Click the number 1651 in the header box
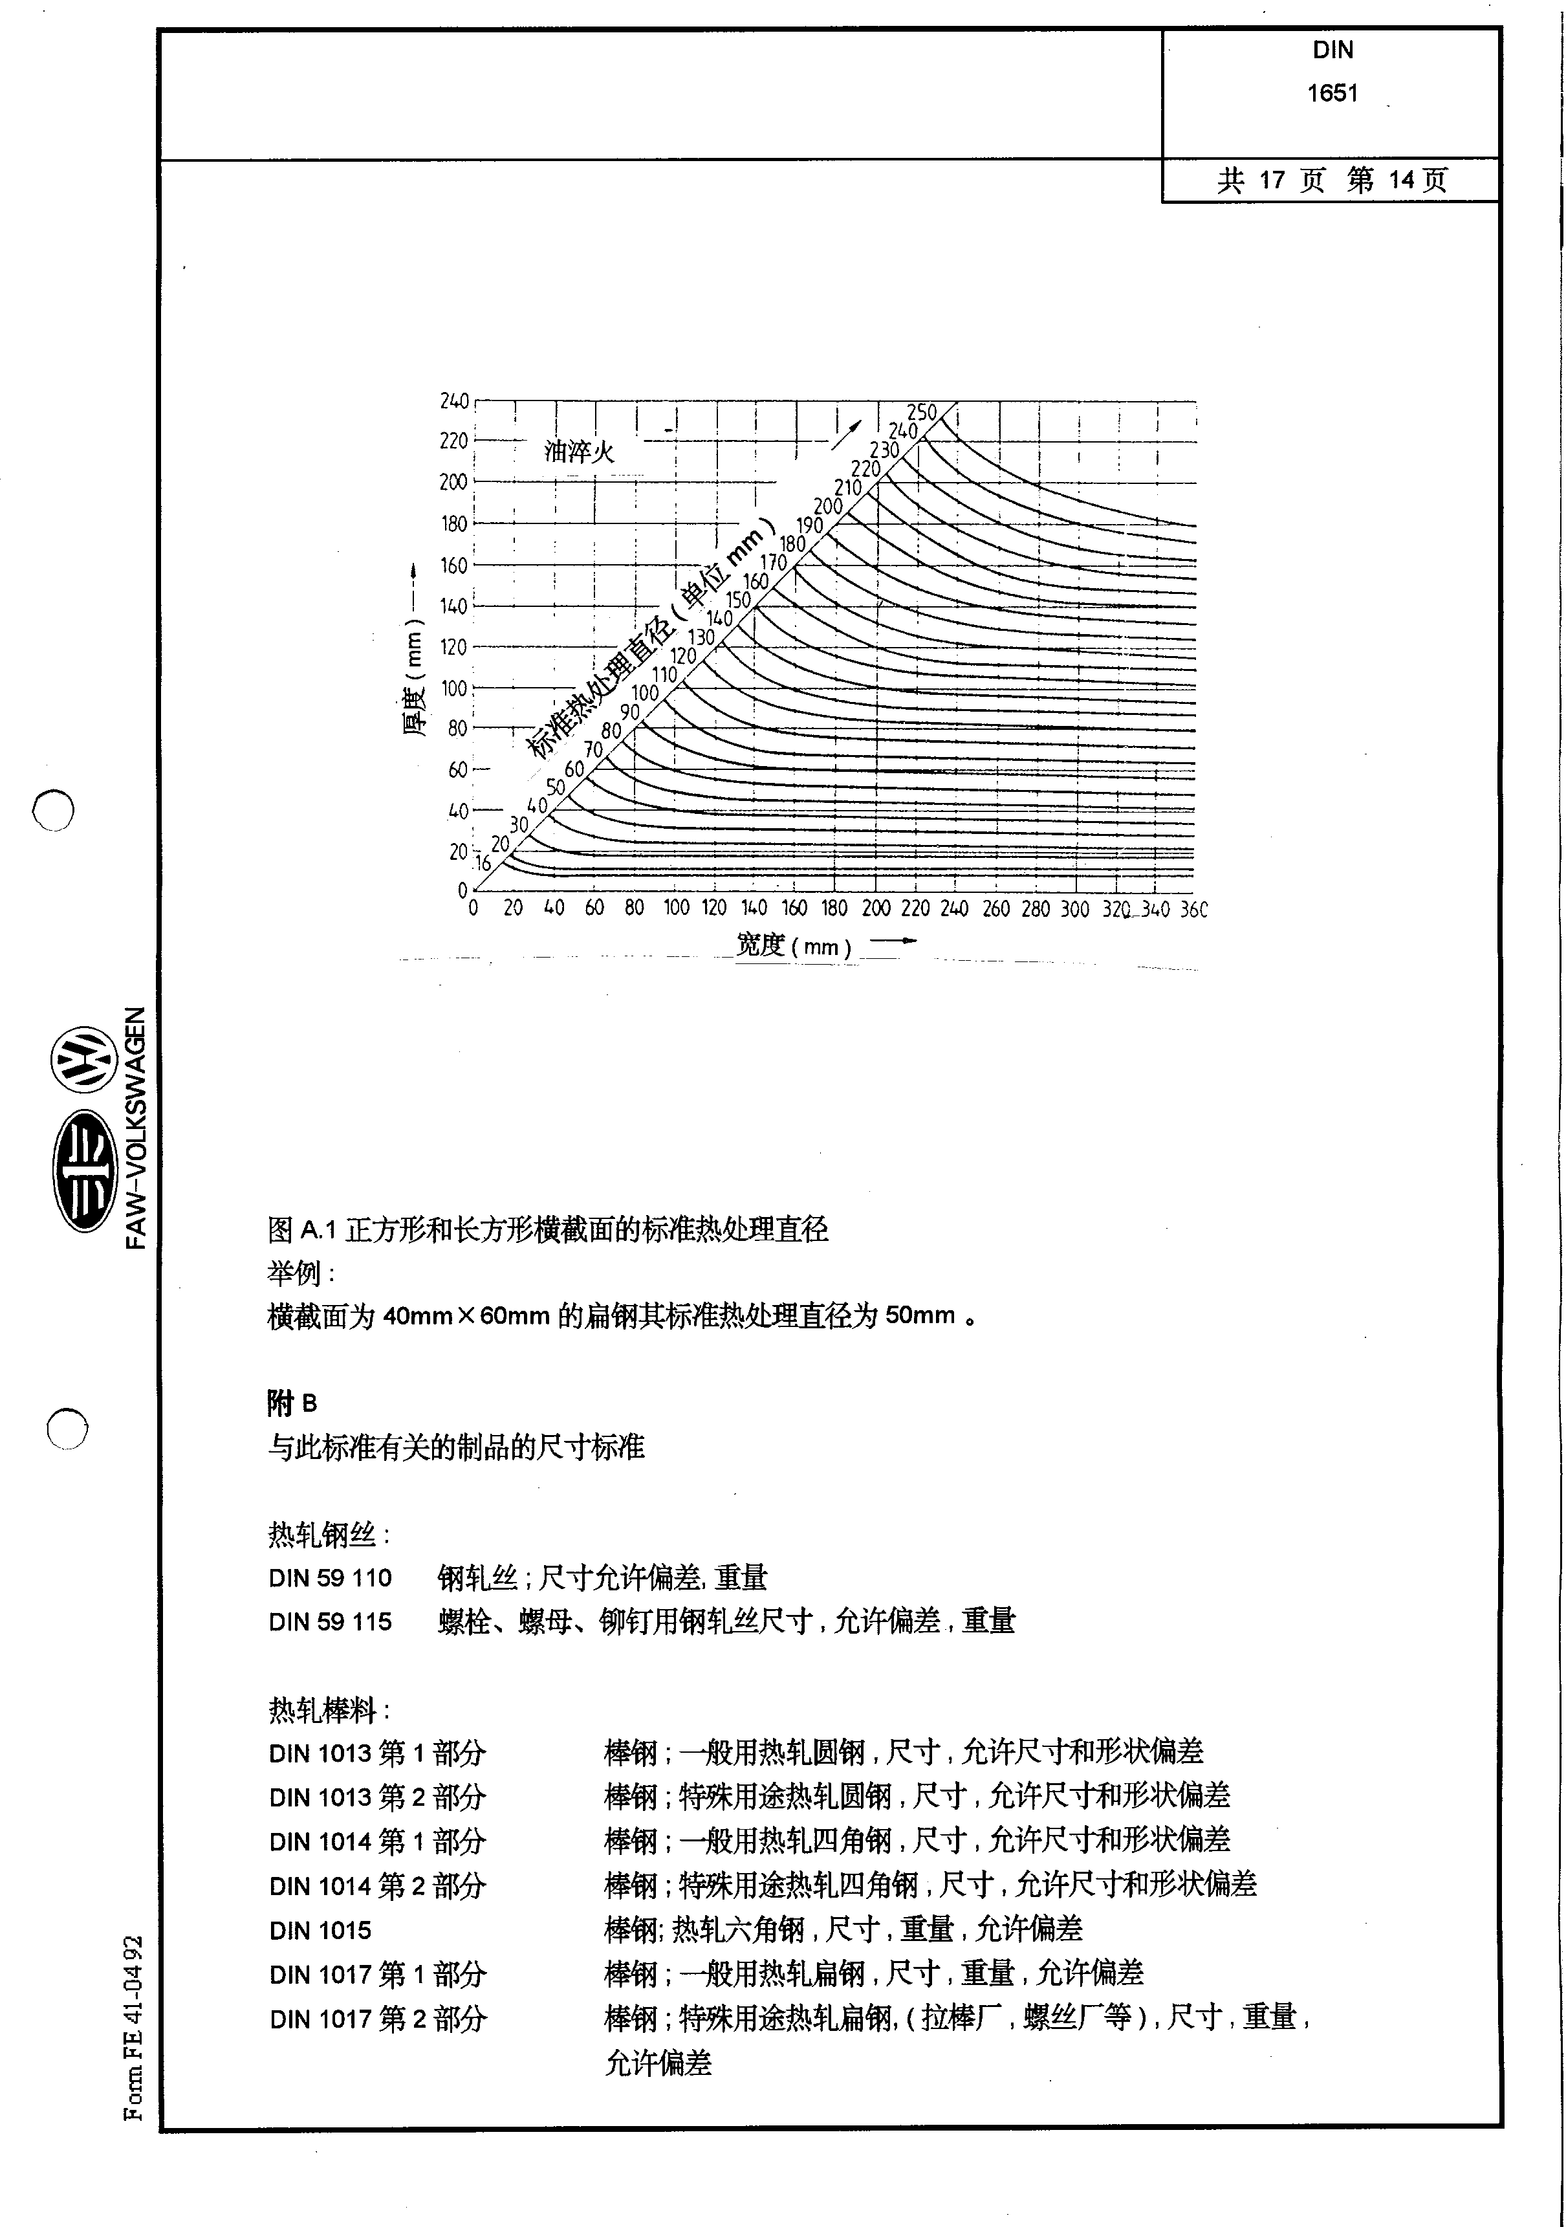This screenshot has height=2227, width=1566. pyautogui.click(x=1332, y=93)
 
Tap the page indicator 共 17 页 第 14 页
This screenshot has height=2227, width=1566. pyautogui.click(x=1331, y=181)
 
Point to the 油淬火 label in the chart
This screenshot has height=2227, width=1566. pyautogui.click(x=579, y=452)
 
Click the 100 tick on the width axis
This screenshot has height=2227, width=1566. pyautogui.click(x=676, y=909)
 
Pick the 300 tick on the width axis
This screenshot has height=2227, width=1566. pyautogui.click(x=1074, y=909)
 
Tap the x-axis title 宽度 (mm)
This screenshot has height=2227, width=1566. pyautogui.click(x=793, y=945)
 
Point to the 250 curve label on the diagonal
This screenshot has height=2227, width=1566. pyautogui.click(x=922, y=412)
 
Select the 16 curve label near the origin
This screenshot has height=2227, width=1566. pyautogui.click(x=482, y=863)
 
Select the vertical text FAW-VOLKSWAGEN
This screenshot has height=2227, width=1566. pyautogui.click(x=136, y=1128)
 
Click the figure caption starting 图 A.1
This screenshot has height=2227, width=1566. pyautogui.click(x=548, y=1231)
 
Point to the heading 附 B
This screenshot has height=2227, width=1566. pyautogui.click(x=292, y=1403)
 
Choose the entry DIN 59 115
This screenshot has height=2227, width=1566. pyautogui.click(x=331, y=1622)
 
